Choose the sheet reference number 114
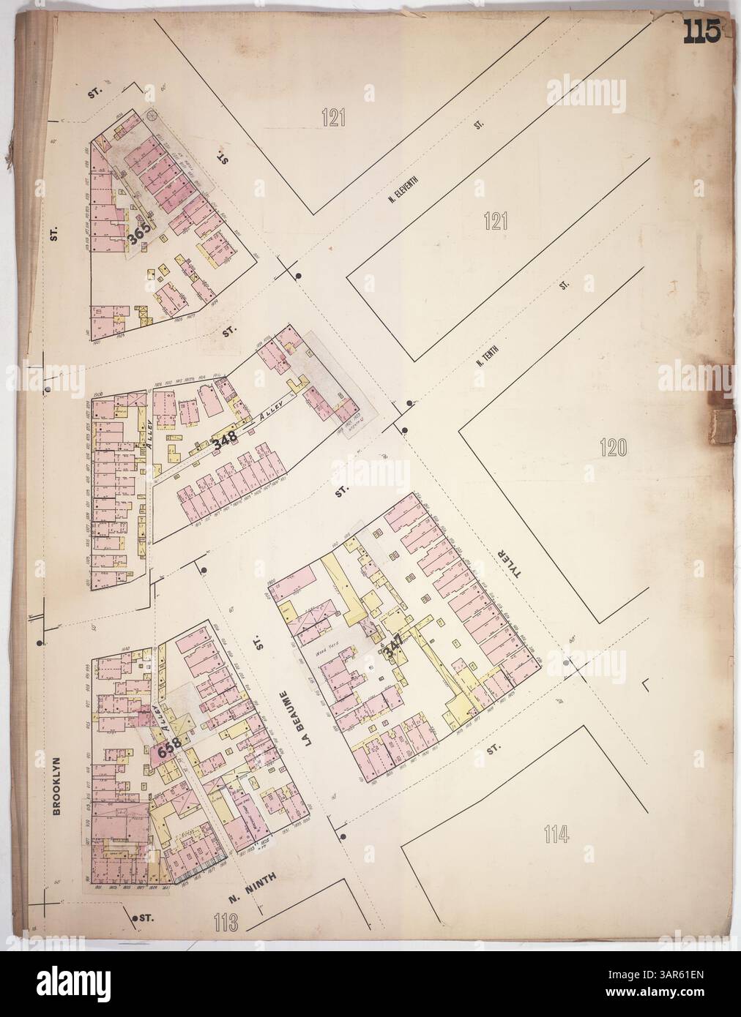click(x=558, y=833)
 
